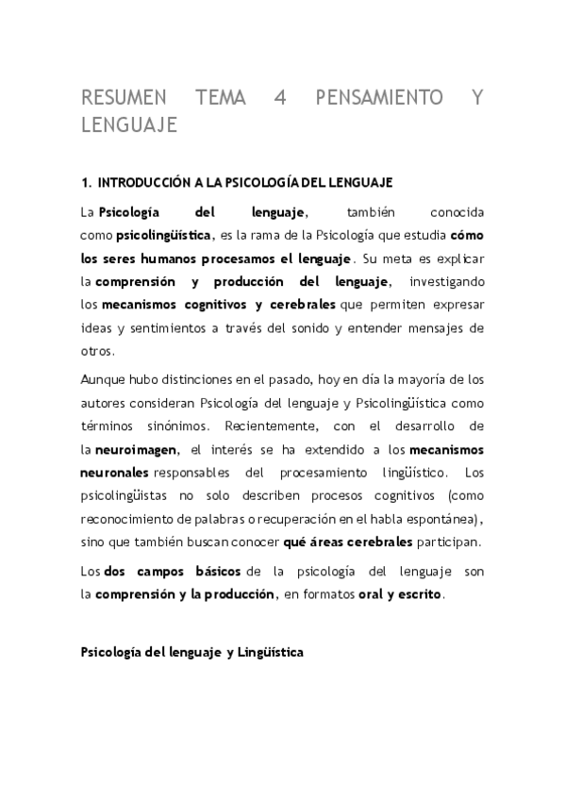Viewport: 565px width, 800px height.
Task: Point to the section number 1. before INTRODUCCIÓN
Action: (86, 180)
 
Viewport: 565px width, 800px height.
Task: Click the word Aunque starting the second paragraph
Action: (102, 379)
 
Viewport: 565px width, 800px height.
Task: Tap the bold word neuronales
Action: (113, 471)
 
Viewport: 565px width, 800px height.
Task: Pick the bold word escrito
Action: (420, 593)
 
